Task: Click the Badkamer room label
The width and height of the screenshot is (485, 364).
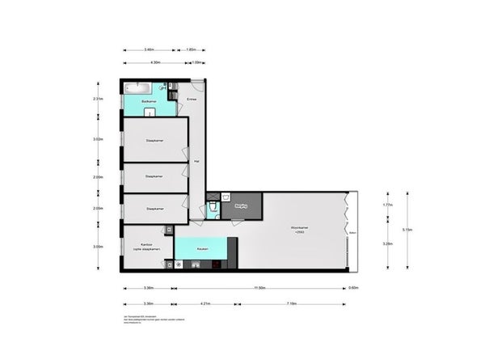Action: (x=148, y=101)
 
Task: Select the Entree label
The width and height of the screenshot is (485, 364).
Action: (x=192, y=99)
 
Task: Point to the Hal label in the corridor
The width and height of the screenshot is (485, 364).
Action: (x=196, y=162)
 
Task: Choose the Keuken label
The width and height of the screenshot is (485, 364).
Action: (x=202, y=249)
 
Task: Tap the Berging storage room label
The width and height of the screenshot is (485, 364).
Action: (x=240, y=206)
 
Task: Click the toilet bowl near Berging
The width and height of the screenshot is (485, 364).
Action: (x=212, y=209)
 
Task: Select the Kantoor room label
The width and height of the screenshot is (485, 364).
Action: (x=146, y=245)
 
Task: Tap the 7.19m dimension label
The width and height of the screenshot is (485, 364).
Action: (x=290, y=304)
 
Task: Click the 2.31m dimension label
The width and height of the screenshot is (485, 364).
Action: (x=98, y=99)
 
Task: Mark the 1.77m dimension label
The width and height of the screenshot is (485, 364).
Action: (x=387, y=205)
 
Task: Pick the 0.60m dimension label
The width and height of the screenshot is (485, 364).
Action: (x=353, y=287)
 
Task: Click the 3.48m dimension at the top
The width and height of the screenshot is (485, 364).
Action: (x=150, y=50)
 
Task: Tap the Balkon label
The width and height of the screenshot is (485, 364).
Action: (x=352, y=235)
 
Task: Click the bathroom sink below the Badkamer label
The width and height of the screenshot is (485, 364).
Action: (x=149, y=112)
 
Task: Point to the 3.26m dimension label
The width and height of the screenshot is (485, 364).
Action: (x=387, y=243)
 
